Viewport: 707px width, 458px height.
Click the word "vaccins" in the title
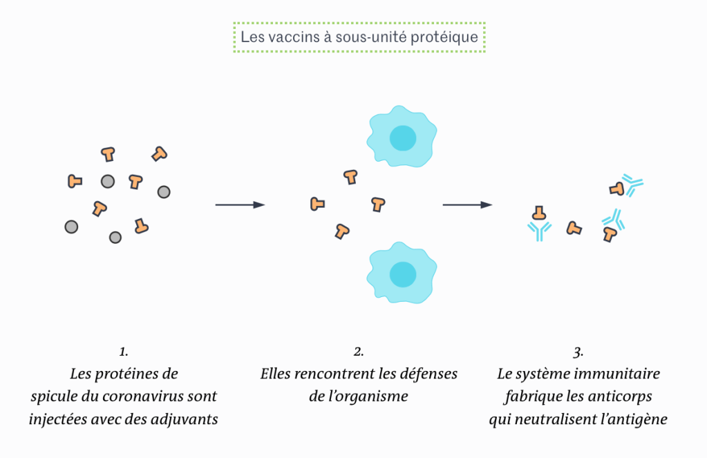(293, 37)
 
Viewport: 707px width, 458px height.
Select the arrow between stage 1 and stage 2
(240, 205)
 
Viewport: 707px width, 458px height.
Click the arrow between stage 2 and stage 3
(467, 205)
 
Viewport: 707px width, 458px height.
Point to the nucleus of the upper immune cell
(402, 138)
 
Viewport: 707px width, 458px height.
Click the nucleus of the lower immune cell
(402, 274)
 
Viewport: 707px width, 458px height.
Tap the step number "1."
(124, 352)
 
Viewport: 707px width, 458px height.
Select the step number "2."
(359, 352)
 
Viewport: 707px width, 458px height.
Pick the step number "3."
(578, 352)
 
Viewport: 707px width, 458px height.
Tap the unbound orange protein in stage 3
(574, 228)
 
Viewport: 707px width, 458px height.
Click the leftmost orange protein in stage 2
(317, 204)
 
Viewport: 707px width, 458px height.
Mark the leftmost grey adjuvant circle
(71, 227)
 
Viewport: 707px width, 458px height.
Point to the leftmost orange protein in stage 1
(75, 181)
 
